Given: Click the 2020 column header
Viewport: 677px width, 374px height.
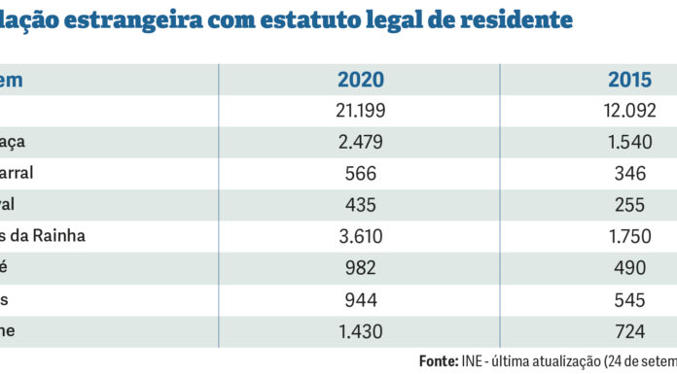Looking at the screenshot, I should [360, 80].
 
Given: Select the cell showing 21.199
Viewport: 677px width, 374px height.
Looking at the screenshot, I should [360, 111].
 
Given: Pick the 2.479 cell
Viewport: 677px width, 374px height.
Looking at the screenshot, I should [360, 142].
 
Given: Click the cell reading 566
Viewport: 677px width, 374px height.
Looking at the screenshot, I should [360, 174].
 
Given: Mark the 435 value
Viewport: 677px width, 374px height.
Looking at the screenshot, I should [360, 205].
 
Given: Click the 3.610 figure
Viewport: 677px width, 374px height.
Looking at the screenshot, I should [360, 236].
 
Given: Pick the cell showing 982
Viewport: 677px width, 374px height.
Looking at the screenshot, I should [360, 268].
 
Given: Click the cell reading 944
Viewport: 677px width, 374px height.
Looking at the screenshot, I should [360, 299].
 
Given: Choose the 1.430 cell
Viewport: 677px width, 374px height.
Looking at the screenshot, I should [360, 331].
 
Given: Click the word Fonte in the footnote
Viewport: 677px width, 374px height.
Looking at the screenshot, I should [438, 360].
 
